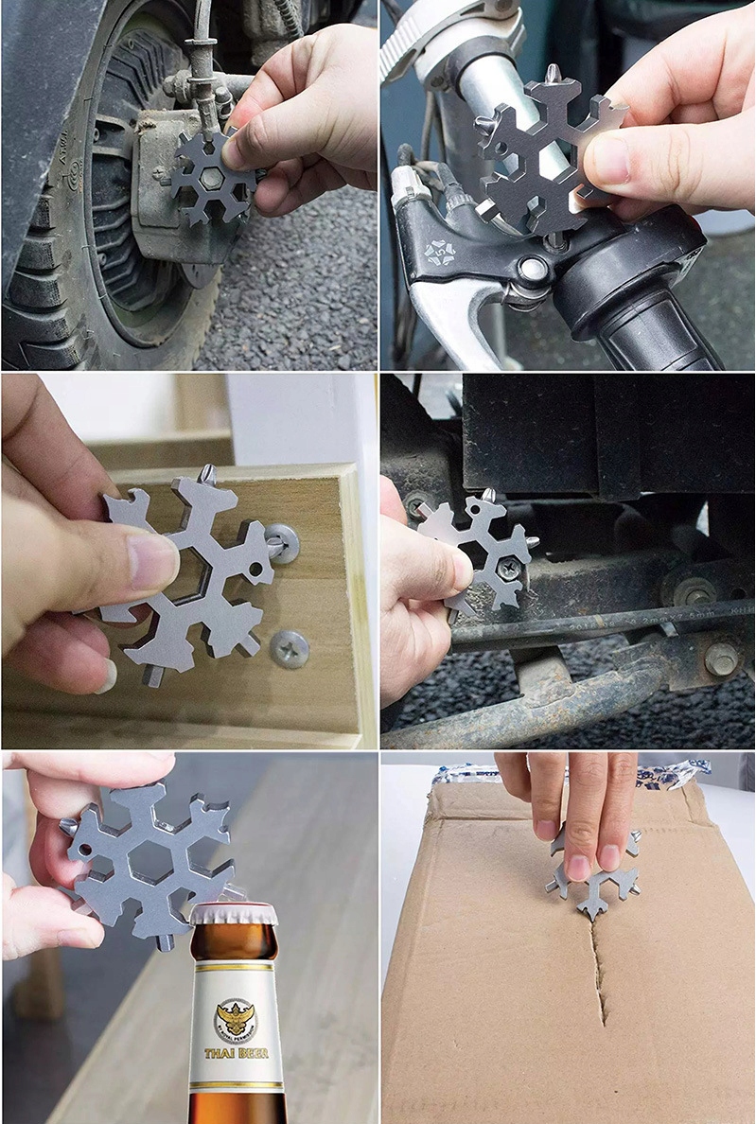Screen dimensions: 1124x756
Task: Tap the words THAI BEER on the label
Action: pyautogui.click(x=236, y=1052)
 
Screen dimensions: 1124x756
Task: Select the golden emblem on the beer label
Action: pyautogui.click(x=236, y=1019)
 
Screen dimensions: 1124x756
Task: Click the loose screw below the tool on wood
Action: pyautogui.click(x=288, y=648)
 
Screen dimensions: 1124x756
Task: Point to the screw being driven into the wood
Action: pyautogui.click(x=281, y=542)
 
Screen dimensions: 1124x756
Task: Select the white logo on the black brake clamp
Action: pyautogui.click(x=439, y=253)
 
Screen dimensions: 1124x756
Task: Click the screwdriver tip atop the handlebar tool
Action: pyautogui.click(x=552, y=73)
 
